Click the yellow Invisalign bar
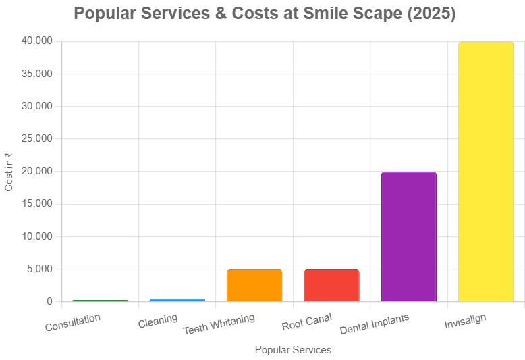[x=486, y=172]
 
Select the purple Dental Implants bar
[x=409, y=236]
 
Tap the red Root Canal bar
[x=331, y=285]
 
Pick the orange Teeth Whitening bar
[x=254, y=285]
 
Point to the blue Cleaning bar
[x=177, y=299]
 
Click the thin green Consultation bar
[x=100, y=301]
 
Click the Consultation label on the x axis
[x=73, y=322]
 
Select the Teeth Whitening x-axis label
[x=219, y=324]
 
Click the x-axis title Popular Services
[x=293, y=350]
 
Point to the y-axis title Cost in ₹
[x=9, y=172]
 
